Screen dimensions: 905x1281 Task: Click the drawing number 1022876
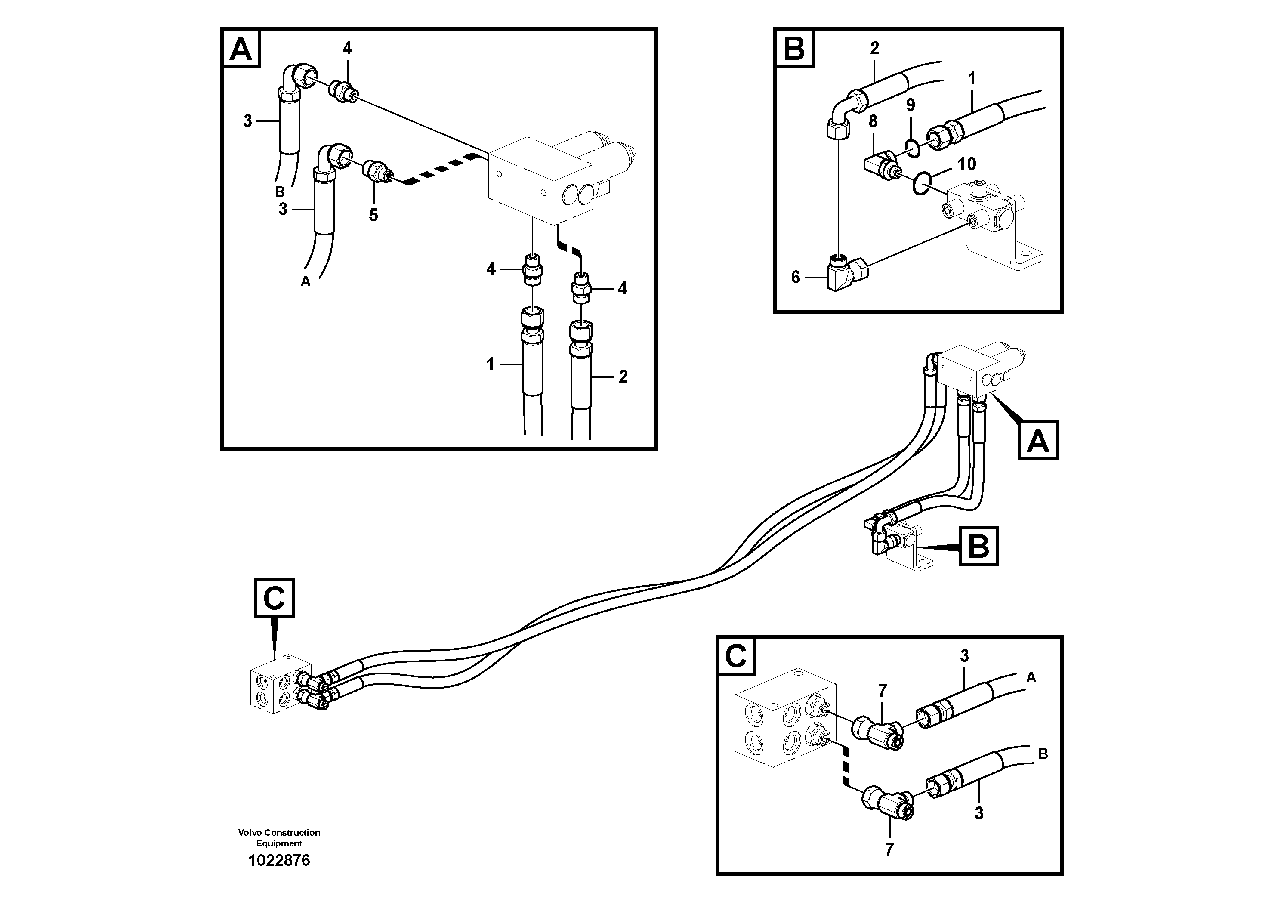tap(279, 860)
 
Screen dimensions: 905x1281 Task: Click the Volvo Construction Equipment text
tap(279, 838)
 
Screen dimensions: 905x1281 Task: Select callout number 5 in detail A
tap(373, 215)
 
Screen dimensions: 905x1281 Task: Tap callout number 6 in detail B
tap(796, 277)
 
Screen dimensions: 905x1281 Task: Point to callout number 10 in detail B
tap(967, 164)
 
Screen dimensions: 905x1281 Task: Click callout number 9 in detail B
tap(911, 105)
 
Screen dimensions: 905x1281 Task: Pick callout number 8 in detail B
tap(873, 121)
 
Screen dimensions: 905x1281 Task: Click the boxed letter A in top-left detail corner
tap(241, 49)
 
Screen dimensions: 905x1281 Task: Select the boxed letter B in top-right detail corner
tap(794, 49)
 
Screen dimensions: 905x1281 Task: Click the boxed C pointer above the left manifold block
tap(274, 598)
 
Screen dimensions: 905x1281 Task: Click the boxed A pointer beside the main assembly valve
tap(1038, 441)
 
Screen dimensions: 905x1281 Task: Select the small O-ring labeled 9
tap(911, 147)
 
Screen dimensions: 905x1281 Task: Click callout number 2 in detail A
tap(623, 377)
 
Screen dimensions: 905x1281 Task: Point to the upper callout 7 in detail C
tap(882, 691)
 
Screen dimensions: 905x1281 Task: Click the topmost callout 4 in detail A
tap(347, 49)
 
